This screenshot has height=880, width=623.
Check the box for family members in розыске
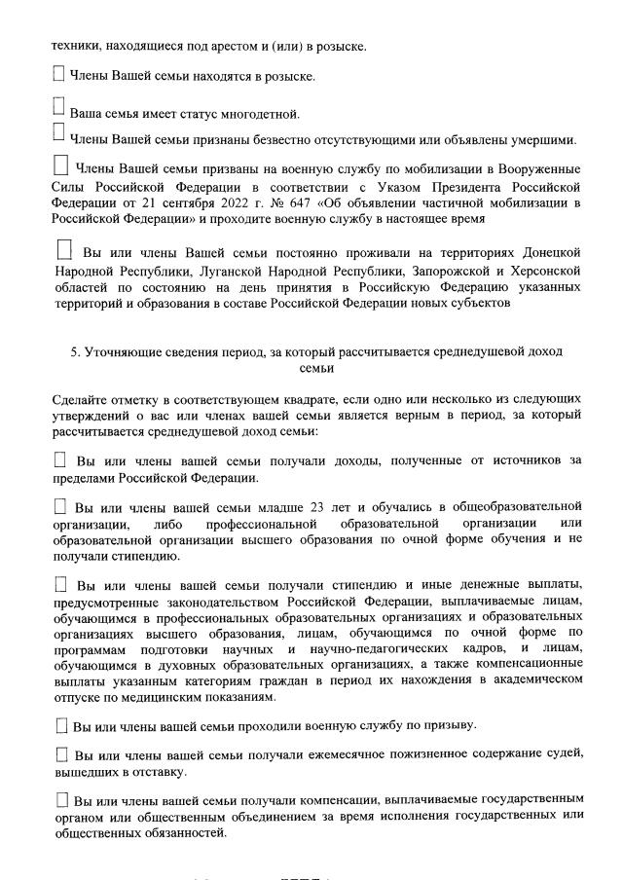click(x=58, y=73)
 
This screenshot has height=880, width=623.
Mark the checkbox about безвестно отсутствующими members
click(x=58, y=133)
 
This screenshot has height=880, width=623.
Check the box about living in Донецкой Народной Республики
click(x=65, y=250)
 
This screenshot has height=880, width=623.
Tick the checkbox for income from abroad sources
click(x=61, y=459)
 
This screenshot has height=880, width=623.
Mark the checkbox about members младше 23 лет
click(x=61, y=506)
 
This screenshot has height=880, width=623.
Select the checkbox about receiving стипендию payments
click(x=61, y=584)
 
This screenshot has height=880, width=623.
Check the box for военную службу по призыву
click(x=61, y=726)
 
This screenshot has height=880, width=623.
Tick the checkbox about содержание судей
click(x=61, y=755)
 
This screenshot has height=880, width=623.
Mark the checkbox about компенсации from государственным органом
click(x=61, y=800)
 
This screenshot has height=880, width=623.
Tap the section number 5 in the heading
click(x=74, y=351)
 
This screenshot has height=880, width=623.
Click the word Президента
click(x=468, y=186)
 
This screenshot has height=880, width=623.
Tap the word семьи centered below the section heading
click(x=317, y=369)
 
